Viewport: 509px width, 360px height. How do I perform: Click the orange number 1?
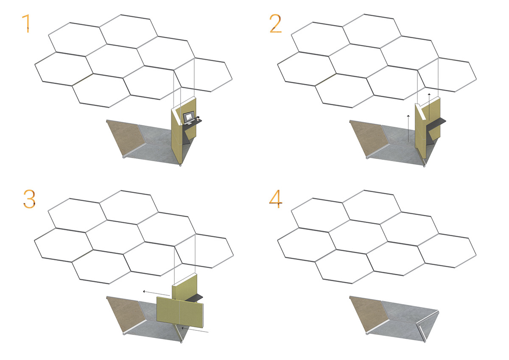[x=27, y=23]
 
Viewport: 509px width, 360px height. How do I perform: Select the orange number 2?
[x=275, y=23]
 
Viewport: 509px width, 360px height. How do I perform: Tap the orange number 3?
[x=29, y=199]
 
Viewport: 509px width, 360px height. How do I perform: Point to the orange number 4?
[x=276, y=199]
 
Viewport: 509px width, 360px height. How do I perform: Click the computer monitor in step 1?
[x=189, y=117]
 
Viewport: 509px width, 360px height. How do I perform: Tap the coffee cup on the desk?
[x=198, y=118]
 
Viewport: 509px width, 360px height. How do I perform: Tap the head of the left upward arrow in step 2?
[x=408, y=116]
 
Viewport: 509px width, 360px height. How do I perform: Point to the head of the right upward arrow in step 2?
[x=429, y=94]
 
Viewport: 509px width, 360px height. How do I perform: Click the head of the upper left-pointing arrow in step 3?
[x=144, y=291]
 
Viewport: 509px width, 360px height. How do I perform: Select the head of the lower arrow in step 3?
[x=182, y=328]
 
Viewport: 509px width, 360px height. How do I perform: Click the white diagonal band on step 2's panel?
[x=420, y=112]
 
